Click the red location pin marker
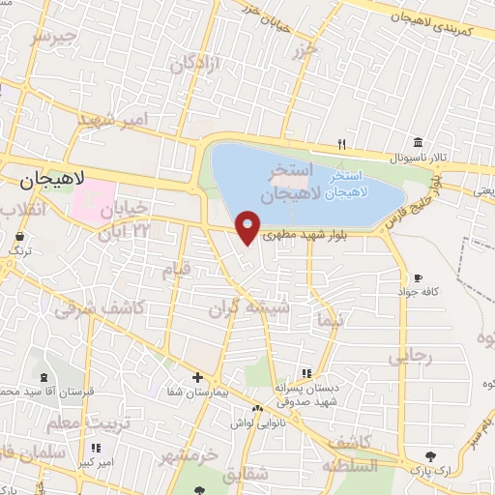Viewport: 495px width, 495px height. pos(248,225)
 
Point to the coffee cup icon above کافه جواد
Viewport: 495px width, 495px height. pos(417,277)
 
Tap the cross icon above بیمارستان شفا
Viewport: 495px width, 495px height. pos(197,377)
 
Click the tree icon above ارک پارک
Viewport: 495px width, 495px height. pos(429,455)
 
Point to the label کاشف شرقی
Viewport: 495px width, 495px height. pos(100,308)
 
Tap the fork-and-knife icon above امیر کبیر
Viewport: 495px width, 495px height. pos(95,449)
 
